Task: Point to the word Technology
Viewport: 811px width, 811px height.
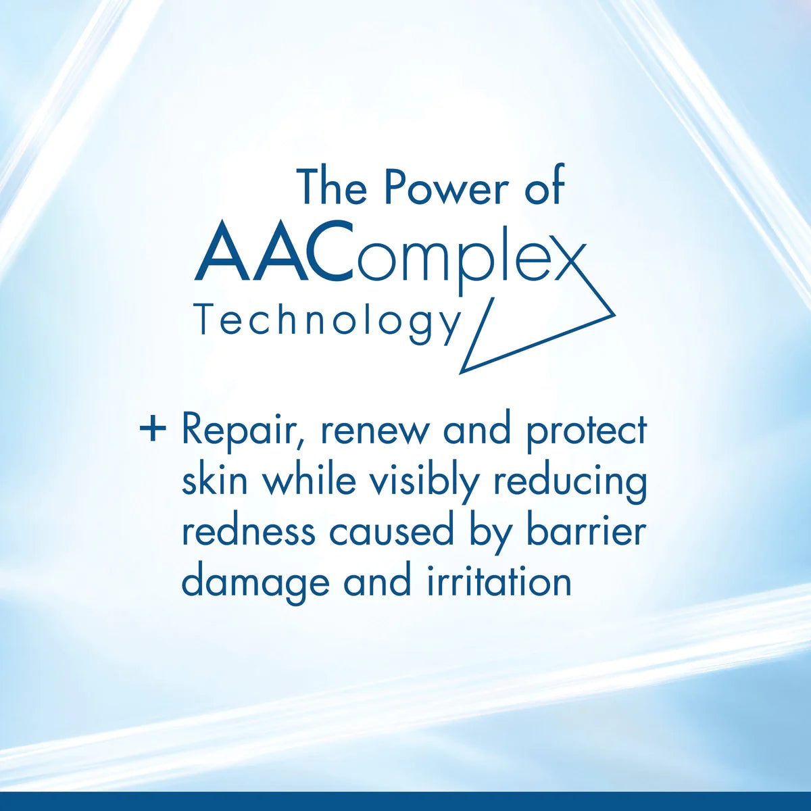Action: tap(326, 320)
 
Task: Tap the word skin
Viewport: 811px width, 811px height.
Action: tap(215, 481)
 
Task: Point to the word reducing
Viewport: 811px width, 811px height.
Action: tap(570, 482)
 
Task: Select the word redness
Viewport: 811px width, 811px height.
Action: tap(248, 531)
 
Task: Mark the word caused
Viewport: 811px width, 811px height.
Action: tap(391, 531)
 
